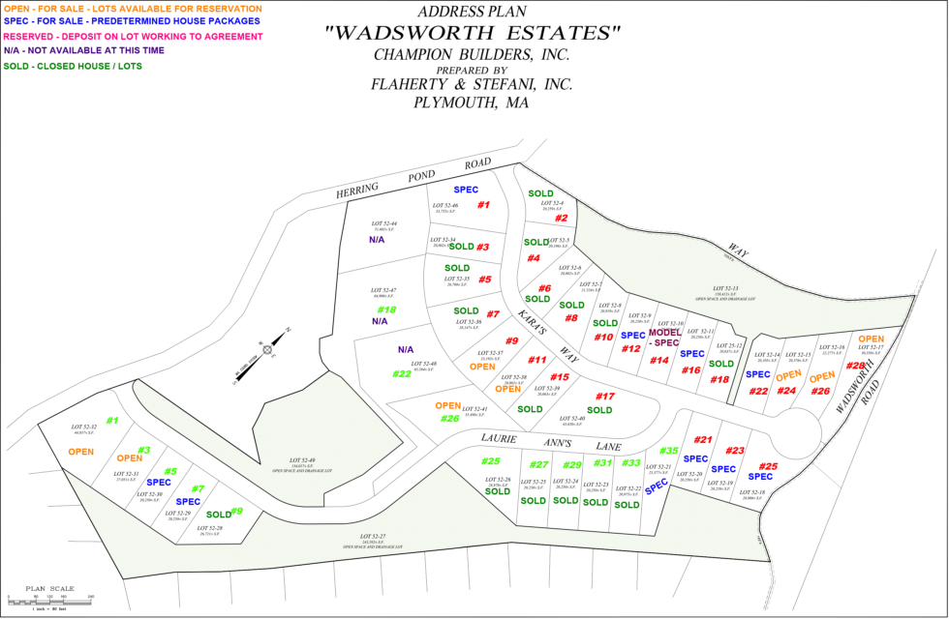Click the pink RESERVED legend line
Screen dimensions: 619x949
[132, 37]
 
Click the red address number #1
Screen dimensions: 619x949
[483, 205]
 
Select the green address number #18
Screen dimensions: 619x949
[386, 309]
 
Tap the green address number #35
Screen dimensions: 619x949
[668, 451]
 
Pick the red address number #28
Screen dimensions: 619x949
[856, 367]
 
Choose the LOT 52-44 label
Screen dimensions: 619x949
[383, 225]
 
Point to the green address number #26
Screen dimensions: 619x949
[449, 419]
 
